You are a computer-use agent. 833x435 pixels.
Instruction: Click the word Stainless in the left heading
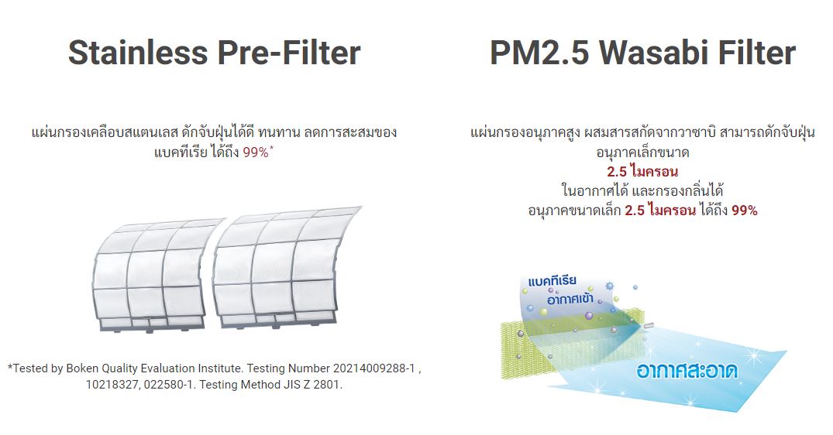pos(138,53)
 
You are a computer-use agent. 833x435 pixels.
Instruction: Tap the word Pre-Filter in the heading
pos(289,53)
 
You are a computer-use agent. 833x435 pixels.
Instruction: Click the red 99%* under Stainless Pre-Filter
pos(258,152)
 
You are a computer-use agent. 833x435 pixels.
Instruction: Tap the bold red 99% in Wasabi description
pos(745,211)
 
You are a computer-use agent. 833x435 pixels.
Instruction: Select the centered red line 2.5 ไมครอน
pos(642,171)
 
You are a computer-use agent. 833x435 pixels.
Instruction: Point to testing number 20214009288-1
pos(374,368)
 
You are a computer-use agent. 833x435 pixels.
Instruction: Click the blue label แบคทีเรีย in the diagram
pos(552,281)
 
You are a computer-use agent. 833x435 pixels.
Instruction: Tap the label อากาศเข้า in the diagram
pos(570,299)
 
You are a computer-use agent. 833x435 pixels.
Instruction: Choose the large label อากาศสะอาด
pos(687,370)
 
